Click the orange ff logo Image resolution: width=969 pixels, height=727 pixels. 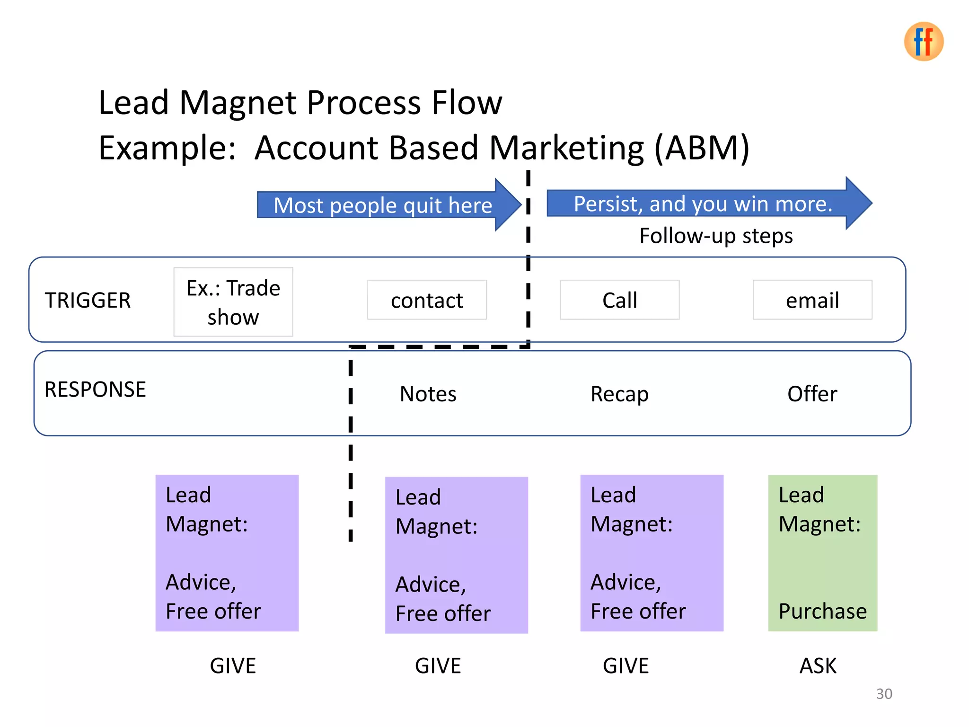[923, 42]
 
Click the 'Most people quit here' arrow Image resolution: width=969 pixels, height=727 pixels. [383, 205]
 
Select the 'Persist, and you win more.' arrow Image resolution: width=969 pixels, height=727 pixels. [703, 204]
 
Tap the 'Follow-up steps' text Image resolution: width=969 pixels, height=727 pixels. [715, 236]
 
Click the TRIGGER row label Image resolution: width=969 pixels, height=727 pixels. [88, 301]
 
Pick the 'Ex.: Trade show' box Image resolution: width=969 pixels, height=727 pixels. [233, 302]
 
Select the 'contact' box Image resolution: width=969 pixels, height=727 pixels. [427, 301]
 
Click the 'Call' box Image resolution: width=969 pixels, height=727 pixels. [619, 301]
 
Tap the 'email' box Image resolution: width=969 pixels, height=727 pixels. [812, 301]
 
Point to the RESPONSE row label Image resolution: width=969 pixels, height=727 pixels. [95, 390]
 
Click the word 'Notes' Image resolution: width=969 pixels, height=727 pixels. [428, 394]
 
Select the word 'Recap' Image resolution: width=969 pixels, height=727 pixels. [619, 394]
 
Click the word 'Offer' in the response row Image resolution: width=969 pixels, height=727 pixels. [812, 394]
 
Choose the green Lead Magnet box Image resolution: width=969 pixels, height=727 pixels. [822, 552]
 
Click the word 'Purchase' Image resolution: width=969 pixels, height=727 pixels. [822, 611]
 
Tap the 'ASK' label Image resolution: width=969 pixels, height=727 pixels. [818, 666]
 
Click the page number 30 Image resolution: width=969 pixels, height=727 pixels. [884, 693]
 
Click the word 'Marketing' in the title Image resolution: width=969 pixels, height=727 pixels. [566, 148]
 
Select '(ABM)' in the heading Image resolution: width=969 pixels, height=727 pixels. [702, 148]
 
